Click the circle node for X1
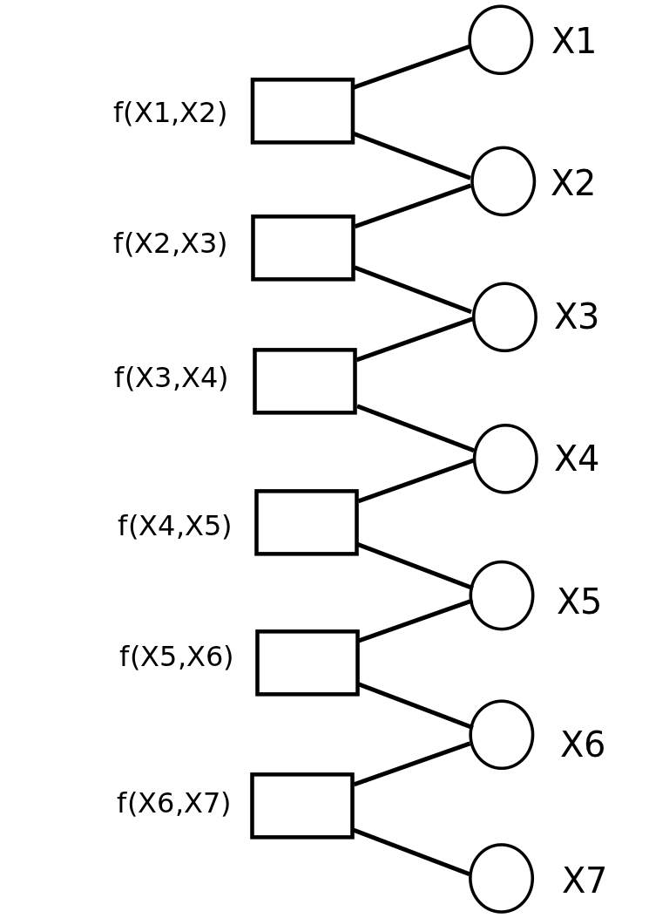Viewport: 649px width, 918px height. [x=500, y=40]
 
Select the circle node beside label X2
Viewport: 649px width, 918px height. [x=503, y=181]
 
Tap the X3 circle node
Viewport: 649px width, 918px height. [x=504, y=317]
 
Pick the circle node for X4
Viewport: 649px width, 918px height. [x=505, y=459]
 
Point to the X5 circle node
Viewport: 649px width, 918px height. [x=501, y=595]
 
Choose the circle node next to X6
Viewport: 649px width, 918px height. [x=501, y=735]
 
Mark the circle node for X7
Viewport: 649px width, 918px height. [x=501, y=878]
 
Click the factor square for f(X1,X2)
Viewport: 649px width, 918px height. [x=302, y=111]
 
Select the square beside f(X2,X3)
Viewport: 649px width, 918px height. [x=303, y=248]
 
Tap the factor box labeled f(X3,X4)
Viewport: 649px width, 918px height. [x=305, y=381]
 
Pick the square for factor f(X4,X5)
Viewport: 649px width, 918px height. [x=307, y=522]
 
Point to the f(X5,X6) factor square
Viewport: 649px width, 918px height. [x=308, y=663]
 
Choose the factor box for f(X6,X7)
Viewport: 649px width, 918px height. [x=302, y=806]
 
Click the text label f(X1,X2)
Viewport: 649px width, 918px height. [x=170, y=113]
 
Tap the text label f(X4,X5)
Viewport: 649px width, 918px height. [x=174, y=527]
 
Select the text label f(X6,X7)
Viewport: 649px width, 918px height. [x=173, y=804]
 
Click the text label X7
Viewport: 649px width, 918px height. [x=584, y=881]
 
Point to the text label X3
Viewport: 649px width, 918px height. [x=576, y=317]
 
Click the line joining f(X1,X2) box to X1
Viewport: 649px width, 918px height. [x=411, y=66]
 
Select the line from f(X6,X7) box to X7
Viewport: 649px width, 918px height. [x=411, y=852]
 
